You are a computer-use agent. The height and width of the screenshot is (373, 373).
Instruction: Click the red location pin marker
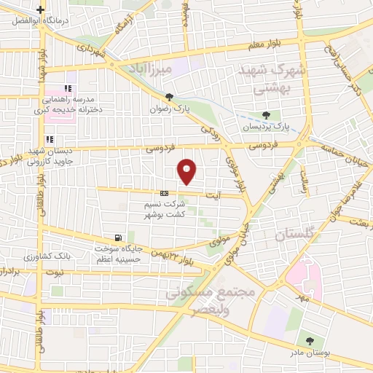[187, 172]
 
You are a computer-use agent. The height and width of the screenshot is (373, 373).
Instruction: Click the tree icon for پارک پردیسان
[266, 114]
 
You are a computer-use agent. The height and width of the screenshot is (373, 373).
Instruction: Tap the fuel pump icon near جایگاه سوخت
[117, 238]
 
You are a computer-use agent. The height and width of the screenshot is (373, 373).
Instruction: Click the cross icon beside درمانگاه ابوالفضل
[42, 9]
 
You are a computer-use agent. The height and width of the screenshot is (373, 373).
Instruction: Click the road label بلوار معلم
[274, 43]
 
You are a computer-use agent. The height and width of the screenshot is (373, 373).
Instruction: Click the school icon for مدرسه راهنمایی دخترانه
[68, 88]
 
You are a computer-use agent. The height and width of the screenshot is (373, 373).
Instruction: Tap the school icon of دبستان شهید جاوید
[50, 139]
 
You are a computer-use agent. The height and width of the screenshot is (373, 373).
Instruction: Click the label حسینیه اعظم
[109, 258]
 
